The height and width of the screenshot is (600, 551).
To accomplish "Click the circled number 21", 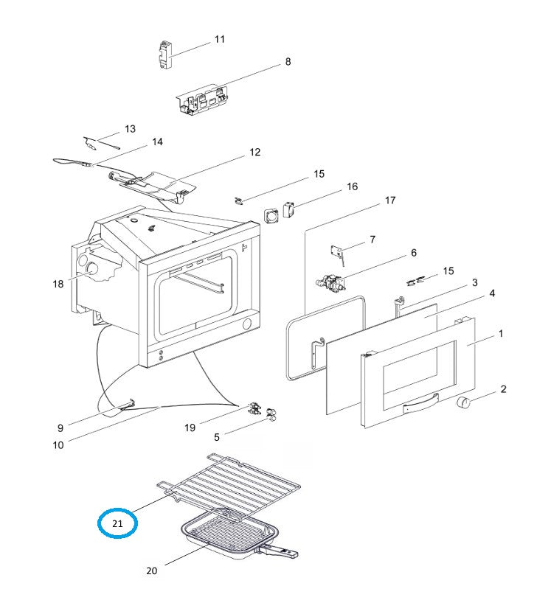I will (x=118, y=523).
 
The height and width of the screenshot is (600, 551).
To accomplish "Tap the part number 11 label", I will (x=220, y=39).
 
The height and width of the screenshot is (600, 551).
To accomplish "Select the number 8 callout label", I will (x=288, y=62).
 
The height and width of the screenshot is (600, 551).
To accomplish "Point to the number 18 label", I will (x=59, y=284).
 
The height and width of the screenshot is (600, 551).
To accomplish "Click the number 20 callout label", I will (x=152, y=570).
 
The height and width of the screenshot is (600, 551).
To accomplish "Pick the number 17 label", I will (x=390, y=200).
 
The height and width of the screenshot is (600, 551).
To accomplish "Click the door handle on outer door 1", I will (x=420, y=402).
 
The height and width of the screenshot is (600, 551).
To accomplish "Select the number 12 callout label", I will (x=254, y=153).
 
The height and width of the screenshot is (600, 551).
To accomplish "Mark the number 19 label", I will (x=190, y=428).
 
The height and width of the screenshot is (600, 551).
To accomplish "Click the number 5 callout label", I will (x=217, y=437).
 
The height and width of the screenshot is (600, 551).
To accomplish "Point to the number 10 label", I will (x=58, y=444).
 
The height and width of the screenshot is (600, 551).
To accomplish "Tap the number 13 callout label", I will (x=130, y=129).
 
